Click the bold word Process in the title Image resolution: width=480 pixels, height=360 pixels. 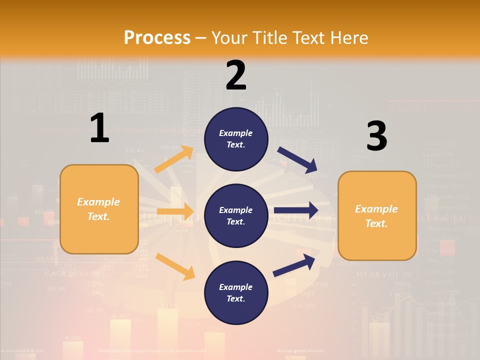pyautogui.click(x=157, y=37)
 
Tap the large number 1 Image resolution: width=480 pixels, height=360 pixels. pyautogui.click(x=99, y=128)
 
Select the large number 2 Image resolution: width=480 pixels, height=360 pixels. pyautogui.click(x=236, y=75)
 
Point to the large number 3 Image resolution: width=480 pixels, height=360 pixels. pyautogui.click(x=376, y=136)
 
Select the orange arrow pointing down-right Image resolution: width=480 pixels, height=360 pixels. pyautogui.click(x=175, y=266)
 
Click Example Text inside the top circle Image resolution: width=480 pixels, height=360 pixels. pyautogui.click(x=236, y=139)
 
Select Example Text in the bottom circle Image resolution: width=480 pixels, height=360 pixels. pyautogui.click(x=236, y=293)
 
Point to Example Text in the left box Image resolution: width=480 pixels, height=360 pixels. pyautogui.click(x=98, y=209)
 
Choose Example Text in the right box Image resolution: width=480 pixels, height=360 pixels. pyautogui.click(x=376, y=216)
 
